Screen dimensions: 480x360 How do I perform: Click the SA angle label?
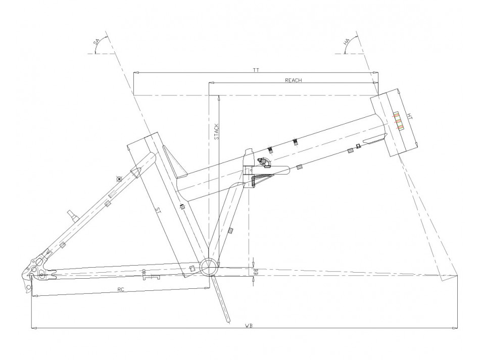[97, 43]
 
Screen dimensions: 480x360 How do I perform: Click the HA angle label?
[347, 42]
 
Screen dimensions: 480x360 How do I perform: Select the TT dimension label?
[256, 70]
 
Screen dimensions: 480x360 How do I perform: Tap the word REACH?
[293, 80]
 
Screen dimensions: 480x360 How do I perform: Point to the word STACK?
[216, 131]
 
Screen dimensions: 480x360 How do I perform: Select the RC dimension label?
[121, 289]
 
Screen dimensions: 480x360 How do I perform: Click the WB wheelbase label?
[249, 326]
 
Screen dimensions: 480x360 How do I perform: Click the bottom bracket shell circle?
[209, 267]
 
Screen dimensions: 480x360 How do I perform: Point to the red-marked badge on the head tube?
[398, 121]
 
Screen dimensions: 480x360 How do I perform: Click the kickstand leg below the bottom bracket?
[221, 299]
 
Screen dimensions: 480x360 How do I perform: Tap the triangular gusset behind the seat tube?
[174, 162]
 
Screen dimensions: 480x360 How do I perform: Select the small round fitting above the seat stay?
[119, 179]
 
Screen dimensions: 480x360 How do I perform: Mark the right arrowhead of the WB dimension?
[456, 328]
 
